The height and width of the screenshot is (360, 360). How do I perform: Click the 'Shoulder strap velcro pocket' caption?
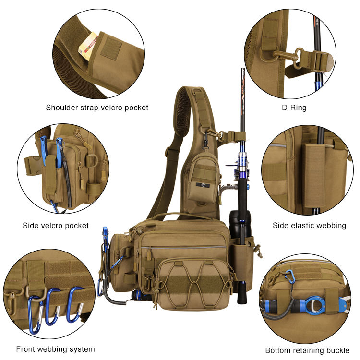click(x=97, y=108)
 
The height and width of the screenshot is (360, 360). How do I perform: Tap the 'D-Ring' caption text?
click(x=294, y=108)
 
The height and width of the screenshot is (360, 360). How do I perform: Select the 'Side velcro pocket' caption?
click(x=56, y=225)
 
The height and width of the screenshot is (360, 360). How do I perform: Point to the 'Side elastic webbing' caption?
click(x=309, y=225)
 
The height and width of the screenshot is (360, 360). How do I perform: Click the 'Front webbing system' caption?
click(x=55, y=349)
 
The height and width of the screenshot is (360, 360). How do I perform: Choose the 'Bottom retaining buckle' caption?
click(x=308, y=350)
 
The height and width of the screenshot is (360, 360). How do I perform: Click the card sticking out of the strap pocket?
click(x=88, y=46)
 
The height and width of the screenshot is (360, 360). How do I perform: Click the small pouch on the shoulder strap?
click(x=201, y=177)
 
